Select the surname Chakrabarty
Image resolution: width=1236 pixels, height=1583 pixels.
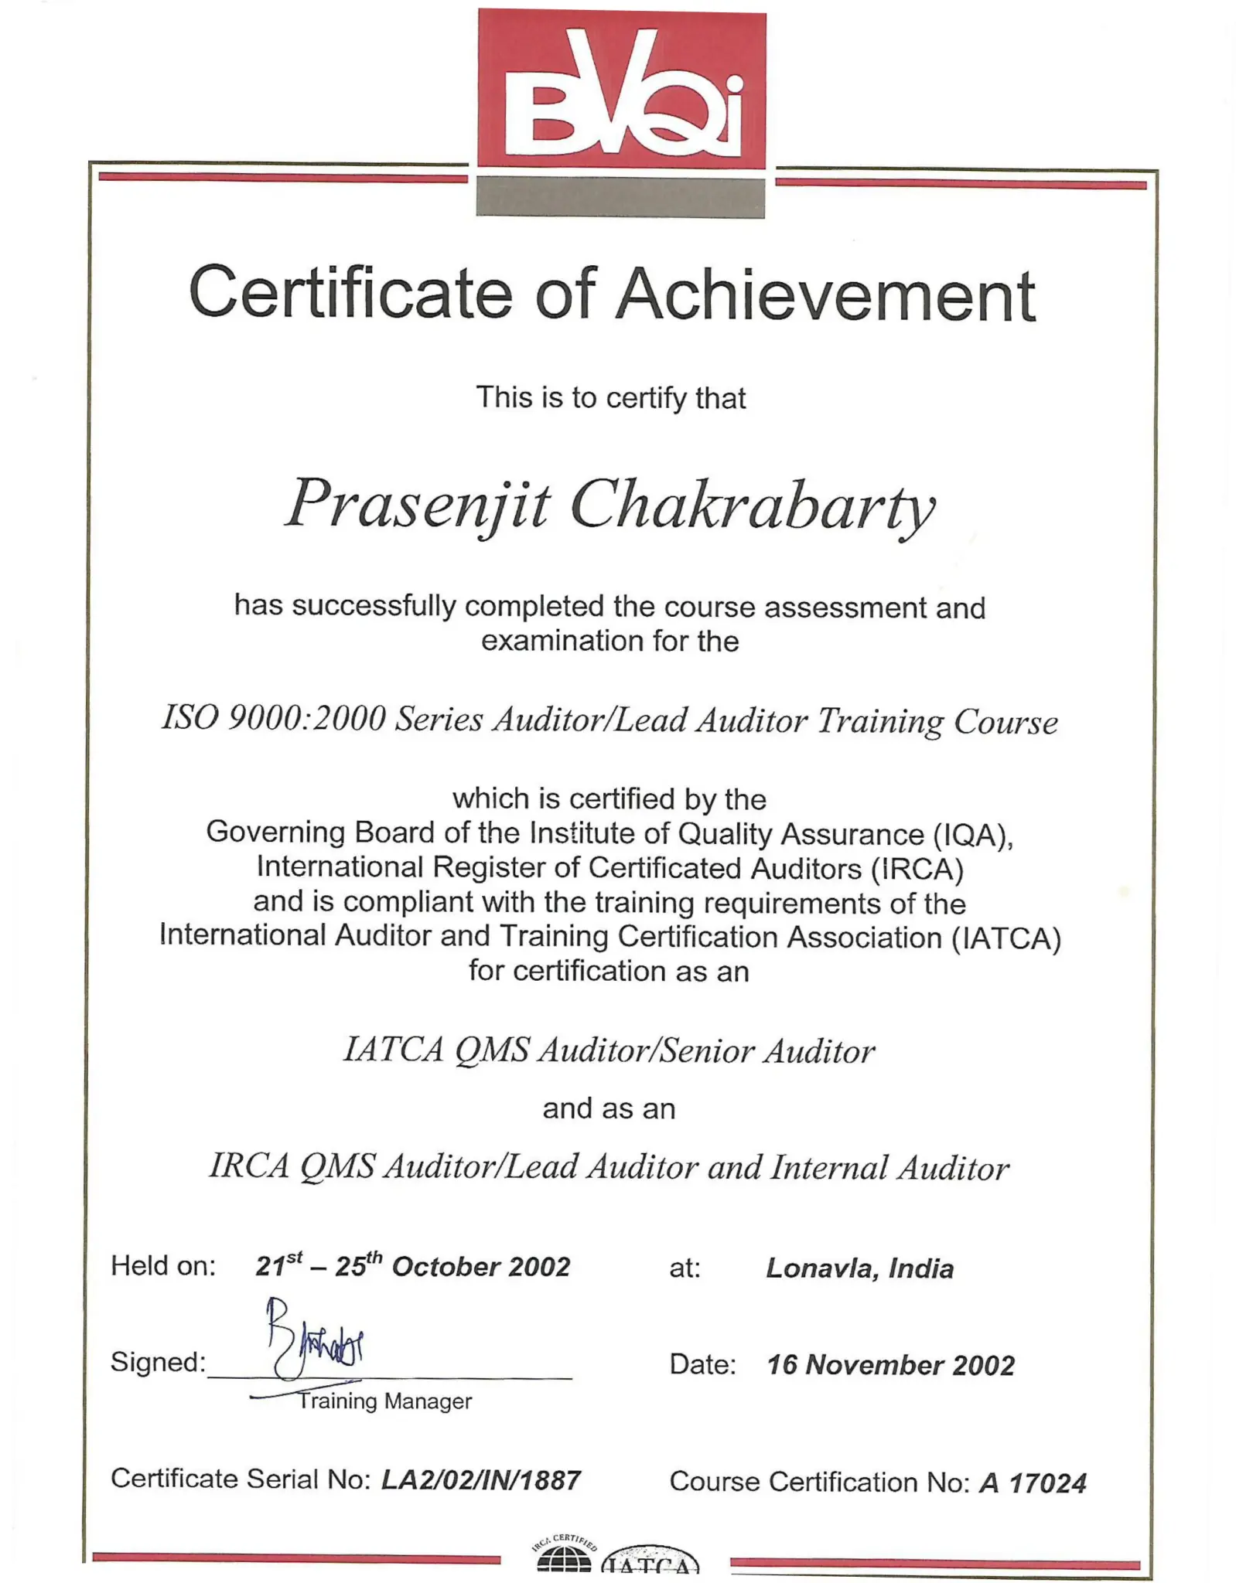(x=752, y=508)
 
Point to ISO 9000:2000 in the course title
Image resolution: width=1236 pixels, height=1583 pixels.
(x=273, y=719)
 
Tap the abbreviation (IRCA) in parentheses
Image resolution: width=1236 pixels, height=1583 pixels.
(x=917, y=869)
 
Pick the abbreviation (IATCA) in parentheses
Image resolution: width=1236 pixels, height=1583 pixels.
(x=1006, y=938)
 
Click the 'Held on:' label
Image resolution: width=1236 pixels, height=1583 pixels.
(x=163, y=1266)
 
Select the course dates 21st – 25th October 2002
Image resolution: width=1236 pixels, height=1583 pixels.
(x=412, y=1266)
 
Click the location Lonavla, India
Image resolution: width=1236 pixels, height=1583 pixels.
(x=859, y=1268)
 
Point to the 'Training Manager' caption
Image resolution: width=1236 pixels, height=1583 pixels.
(x=384, y=1401)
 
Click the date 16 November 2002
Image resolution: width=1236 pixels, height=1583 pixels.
(x=890, y=1365)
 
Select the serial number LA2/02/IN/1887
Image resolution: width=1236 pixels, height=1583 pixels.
(x=480, y=1480)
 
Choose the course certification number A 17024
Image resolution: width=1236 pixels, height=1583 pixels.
(x=1033, y=1483)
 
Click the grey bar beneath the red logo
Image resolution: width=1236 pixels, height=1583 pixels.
(x=620, y=196)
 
